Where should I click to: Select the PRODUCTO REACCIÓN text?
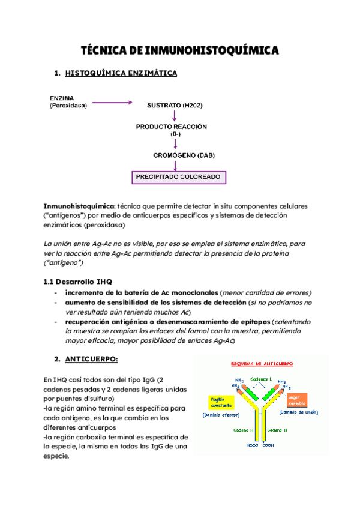point(171,127)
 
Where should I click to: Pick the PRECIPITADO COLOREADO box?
point(179,178)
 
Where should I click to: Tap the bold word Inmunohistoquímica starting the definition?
point(79,206)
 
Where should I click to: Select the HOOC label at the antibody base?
point(251,446)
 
